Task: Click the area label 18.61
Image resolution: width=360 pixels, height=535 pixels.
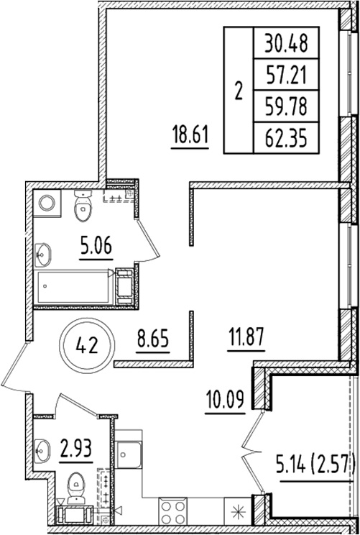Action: (190, 137)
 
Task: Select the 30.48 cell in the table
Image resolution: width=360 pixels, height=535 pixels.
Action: (285, 44)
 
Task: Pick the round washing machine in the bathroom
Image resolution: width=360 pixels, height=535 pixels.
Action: (49, 204)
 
